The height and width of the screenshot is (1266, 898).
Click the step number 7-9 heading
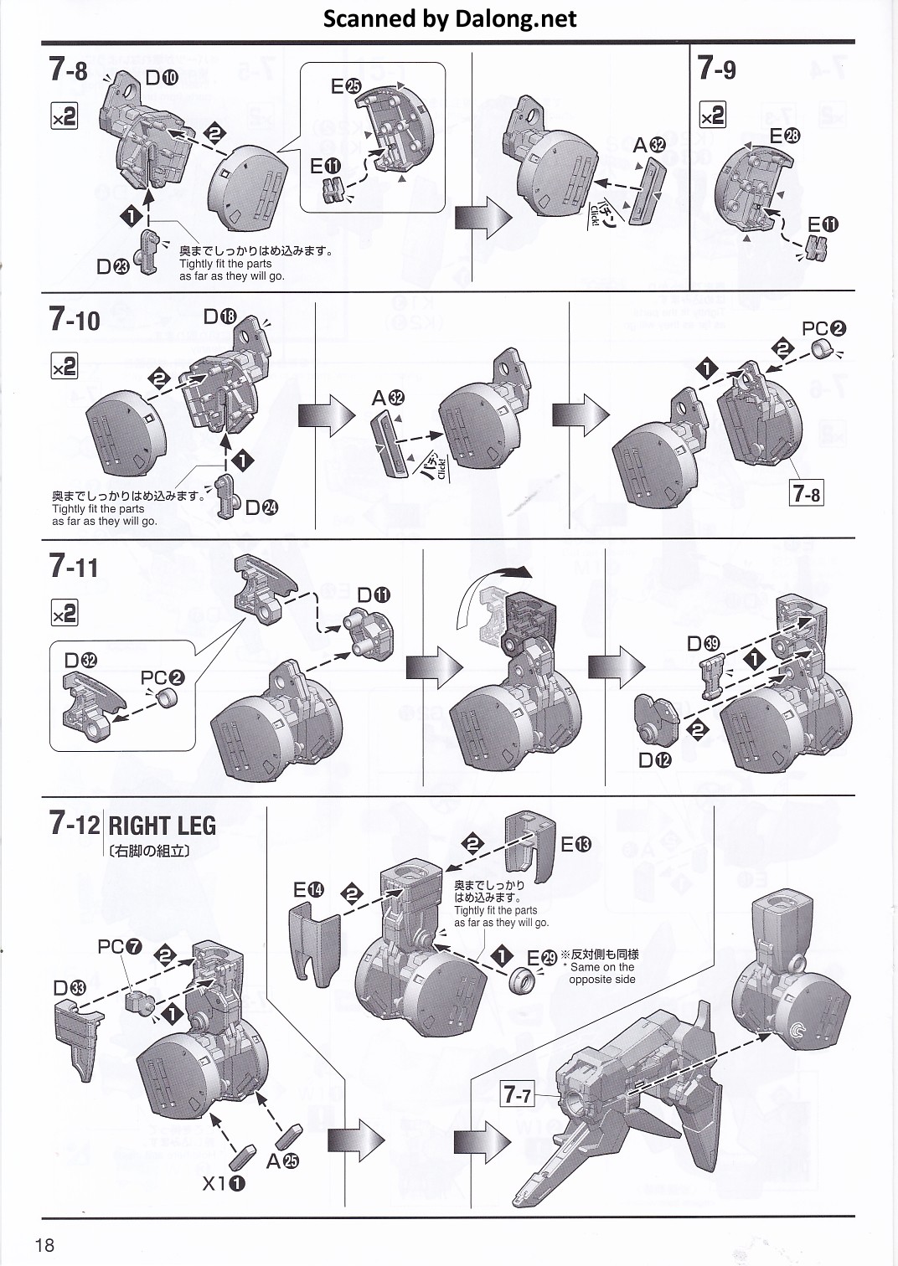point(717,68)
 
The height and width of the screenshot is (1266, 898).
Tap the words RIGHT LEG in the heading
point(162,826)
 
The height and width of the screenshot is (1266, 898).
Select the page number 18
point(45,1244)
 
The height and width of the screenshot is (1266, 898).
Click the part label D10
point(161,78)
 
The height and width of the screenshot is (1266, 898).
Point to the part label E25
point(345,85)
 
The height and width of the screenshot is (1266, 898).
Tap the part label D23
point(112,267)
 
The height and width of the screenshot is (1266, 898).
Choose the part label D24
point(261,507)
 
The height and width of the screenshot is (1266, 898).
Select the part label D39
point(703,643)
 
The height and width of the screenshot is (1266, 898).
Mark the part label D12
point(654,760)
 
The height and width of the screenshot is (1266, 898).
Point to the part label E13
point(575,845)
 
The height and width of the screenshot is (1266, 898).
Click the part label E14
point(307,890)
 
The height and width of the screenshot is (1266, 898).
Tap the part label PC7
point(120,947)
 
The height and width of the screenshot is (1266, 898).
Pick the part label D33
point(70,988)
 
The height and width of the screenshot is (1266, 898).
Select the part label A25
point(282,1160)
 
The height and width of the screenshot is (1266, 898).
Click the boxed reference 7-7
point(517,1094)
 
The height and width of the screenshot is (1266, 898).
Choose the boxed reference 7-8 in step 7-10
point(806,494)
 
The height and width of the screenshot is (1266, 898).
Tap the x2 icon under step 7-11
point(65,614)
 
